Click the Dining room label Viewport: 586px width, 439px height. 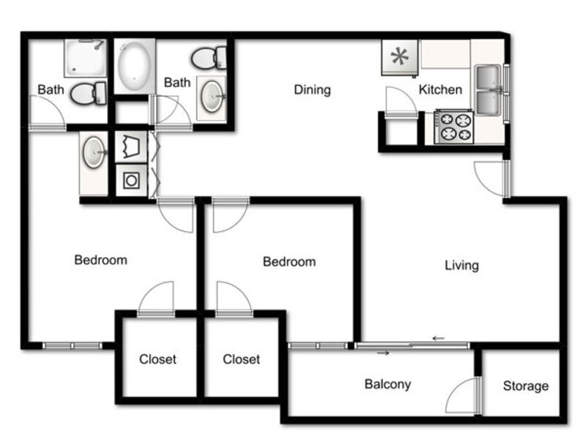pyautogui.click(x=312, y=90)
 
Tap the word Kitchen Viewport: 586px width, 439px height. pyautogui.click(x=440, y=89)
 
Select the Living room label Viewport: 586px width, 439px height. pyautogui.click(x=461, y=266)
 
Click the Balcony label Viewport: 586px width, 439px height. pyautogui.click(x=387, y=384)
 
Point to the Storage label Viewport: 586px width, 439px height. pyautogui.click(x=525, y=386)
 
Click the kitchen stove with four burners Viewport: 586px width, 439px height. pyautogui.click(x=454, y=127)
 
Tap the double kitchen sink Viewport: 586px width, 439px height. pyautogui.click(x=488, y=90)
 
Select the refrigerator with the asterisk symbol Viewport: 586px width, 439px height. pyautogui.click(x=399, y=58)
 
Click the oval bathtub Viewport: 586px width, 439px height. pyautogui.click(x=134, y=66)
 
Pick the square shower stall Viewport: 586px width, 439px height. pyautogui.click(x=86, y=58)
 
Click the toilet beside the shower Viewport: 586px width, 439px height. pyautogui.click(x=89, y=94)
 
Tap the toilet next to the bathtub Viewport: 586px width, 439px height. pyautogui.click(x=209, y=58)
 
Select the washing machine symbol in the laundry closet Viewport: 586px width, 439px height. pyautogui.click(x=131, y=181)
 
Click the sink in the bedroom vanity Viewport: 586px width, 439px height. pyautogui.click(x=94, y=152)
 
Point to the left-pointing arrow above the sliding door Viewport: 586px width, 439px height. pyautogui.click(x=438, y=338)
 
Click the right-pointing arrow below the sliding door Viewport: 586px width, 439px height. pyautogui.click(x=383, y=353)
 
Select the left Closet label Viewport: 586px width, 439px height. pyautogui.click(x=157, y=359)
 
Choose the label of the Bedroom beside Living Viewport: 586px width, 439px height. pyautogui.click(x=289, y=262)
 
